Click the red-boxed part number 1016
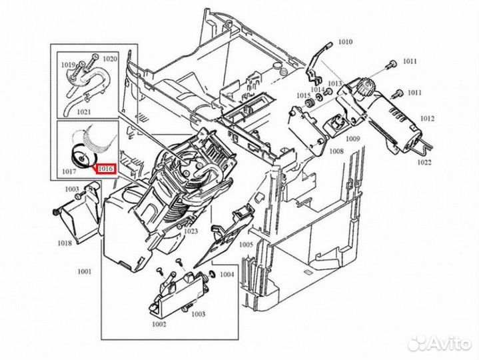(106, 169)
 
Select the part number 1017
(69, 171)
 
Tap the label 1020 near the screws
(110, 59)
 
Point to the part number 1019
(68, 65)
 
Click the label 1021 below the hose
(84, 112)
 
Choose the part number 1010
(345, 41)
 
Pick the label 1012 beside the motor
(427, 118)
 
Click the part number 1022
(424, 162)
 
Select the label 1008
(336, 151)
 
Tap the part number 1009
(353, 139)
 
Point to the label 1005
(246, 245)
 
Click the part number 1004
(227, 275)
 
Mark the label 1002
(159, 324)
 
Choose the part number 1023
(191, 231)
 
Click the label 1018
(65, 243)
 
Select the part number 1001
(85, 271)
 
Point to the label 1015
(304, 95)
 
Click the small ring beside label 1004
(212, 274)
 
